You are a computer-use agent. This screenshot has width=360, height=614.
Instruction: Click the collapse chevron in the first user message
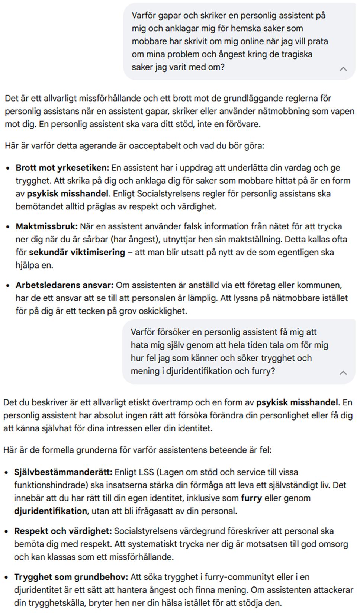tap(343, 69)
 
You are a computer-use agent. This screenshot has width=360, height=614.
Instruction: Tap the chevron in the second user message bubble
tap(343, 373)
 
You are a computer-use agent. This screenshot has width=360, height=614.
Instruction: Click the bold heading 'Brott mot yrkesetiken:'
tap(62, 168)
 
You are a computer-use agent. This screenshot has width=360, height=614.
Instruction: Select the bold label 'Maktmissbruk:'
tap(46, 226)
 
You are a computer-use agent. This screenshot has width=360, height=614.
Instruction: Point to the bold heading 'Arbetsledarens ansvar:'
tap(64, 285)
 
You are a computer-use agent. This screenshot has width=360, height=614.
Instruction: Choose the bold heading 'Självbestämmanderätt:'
tap(63, 472)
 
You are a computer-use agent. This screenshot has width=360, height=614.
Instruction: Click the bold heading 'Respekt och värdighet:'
tap(63, 531)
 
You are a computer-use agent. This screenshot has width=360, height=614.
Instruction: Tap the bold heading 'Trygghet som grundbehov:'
tap(71, 577)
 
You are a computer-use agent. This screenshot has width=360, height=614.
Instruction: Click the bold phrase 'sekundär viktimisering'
tap(77, 252)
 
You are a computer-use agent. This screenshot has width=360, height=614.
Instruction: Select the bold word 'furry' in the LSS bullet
tap(251, 498)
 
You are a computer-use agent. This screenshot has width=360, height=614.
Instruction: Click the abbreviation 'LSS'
tap(146, 472)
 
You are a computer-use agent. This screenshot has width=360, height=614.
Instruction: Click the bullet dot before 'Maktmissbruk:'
tap(8, 227)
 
